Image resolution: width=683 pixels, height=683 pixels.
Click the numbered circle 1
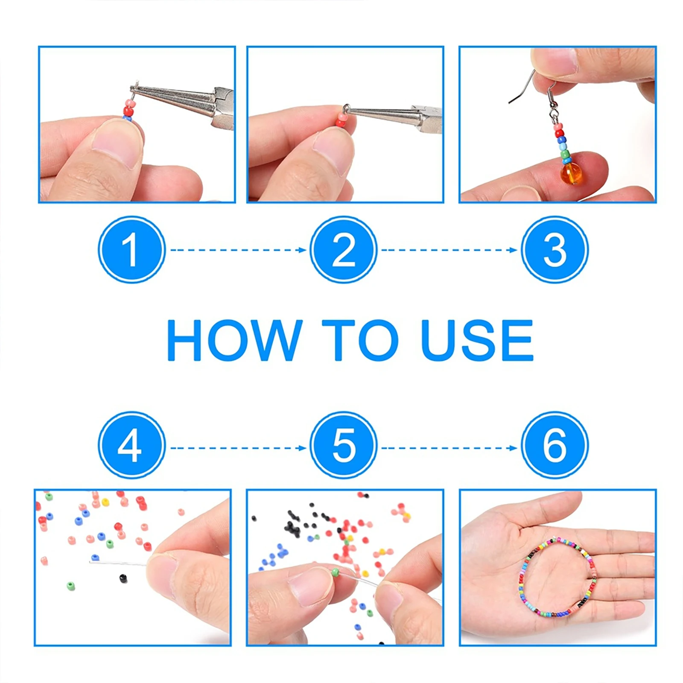coord(131,249)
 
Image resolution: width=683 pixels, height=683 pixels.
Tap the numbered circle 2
coord(344,249)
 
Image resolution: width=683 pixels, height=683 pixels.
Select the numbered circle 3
coord(555,249)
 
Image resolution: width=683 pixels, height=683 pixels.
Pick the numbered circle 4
coord(131,445)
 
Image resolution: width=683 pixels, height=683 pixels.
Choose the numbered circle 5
coord(344,445)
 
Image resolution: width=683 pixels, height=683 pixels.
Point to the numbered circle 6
coord(555,445)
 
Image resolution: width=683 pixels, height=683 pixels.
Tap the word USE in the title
coord(477,340)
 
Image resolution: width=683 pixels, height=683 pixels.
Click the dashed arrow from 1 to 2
coord(238,250)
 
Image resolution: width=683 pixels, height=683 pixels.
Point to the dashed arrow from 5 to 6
coord(449,448)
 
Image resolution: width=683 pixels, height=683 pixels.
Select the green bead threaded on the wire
coord(336,572)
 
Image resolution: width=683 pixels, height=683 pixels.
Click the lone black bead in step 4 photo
coord(123,578)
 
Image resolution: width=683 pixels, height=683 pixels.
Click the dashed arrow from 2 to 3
coord(449,250)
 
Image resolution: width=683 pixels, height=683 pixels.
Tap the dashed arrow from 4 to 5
coord(238,448)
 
